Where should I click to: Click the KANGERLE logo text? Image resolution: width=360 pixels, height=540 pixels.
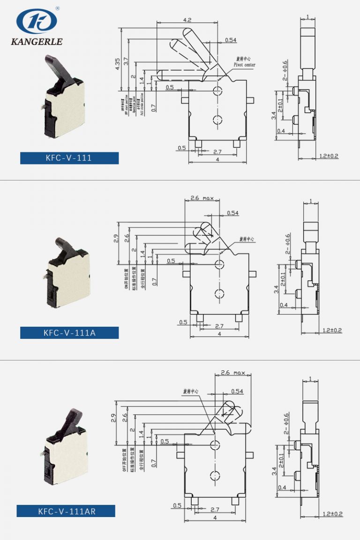click(x=37, y=42)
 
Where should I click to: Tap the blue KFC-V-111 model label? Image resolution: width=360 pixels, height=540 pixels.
click(x=69, y=158)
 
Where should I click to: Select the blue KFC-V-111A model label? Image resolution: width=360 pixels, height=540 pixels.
click(x=69, y=333)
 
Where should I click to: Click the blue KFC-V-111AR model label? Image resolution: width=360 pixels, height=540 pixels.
click(x=66, y=511)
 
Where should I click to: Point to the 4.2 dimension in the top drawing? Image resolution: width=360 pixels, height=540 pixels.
click(x=187, y=20)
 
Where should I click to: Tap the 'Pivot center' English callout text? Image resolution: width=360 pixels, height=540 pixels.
click(x=245, y=65)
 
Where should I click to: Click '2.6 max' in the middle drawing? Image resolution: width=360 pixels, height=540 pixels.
click(x=202, y=198)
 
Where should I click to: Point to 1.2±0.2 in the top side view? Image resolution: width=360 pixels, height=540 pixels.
click(x=329, y=156)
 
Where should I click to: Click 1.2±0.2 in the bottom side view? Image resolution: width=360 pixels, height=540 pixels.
click(x=332, y=514)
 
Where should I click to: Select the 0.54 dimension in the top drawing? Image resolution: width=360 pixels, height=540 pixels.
click(x=231, y=40)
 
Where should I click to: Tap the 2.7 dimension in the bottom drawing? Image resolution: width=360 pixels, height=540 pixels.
click(x=215, y=509)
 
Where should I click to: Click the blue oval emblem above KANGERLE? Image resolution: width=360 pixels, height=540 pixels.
click(x=37, y=21)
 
